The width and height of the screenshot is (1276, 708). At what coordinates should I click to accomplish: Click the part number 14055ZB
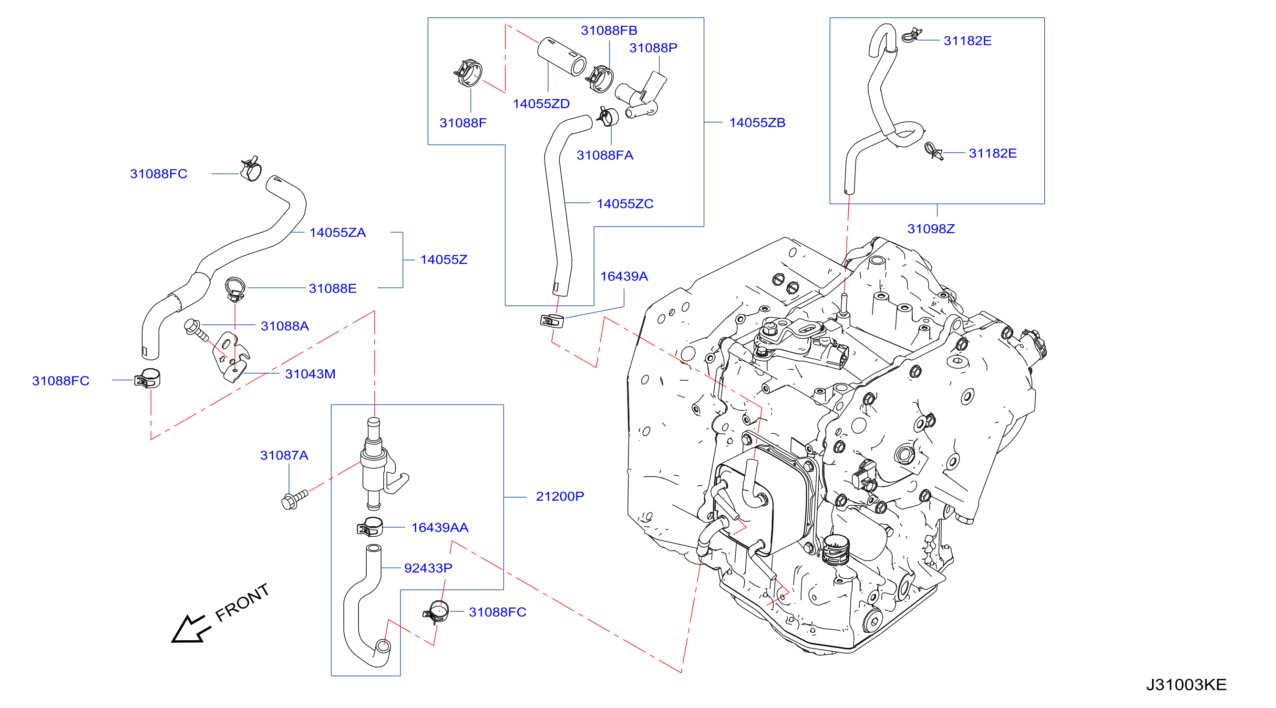pyautogui.click(x=757, y=123)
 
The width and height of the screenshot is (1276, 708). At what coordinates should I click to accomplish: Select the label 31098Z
pyautogui.click(x=931, y=229)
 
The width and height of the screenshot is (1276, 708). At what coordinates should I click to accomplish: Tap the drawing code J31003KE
pyautogui.click(x=1186, y=684)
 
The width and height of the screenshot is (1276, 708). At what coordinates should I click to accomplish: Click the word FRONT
pyautogui.click(x=242, y=602)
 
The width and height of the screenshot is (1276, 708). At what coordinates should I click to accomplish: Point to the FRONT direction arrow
pyautogui.click(x=191, y=629)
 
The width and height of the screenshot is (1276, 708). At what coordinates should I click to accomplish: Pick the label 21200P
pyautogui.click(x=560, y=496)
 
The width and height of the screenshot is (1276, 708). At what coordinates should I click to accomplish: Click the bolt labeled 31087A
pyautogui.click(x=294, y=500)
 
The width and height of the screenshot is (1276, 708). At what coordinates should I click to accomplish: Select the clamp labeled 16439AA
pyautogui.click(x=370, y=527)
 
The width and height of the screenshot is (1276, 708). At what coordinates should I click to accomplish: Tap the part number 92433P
pyautogui.click(x=428, y=568)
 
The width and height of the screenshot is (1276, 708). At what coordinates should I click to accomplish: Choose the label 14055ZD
pyautogui.click(x=541, y=104)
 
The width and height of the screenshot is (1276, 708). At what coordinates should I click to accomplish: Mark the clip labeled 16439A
pyautogui.click(x=552, y=321)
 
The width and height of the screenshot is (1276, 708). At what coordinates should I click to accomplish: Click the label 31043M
pyautogui.click(x=310, y=374)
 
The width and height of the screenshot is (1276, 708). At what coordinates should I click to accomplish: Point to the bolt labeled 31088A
pyautogui.click(x=196, y=330)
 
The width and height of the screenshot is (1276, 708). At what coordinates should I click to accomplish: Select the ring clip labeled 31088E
pyautogui.click(x=235, y=289)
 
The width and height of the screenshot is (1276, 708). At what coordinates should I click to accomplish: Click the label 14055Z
pyautogui.click(x=443, y=259)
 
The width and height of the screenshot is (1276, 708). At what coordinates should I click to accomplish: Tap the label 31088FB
pyautogui.click(x=609, y=30)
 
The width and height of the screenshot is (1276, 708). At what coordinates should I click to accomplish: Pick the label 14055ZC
pyautogui.click(x=625, y=204)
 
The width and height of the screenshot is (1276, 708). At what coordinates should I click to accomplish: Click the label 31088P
pyautogui.click(x=653, y=48)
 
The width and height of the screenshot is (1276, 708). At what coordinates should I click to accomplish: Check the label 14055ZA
pyautogui.click(x=337, y=232)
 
